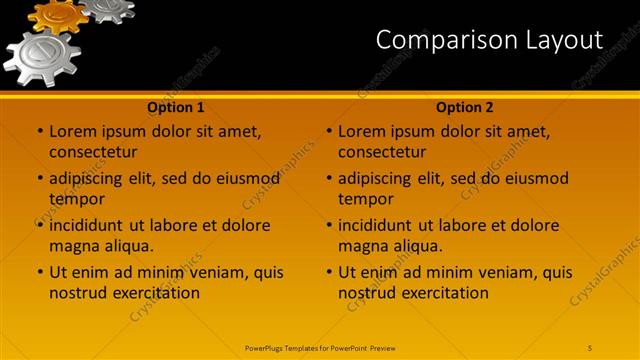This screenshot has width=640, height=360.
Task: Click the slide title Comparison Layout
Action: [x=489, y=40]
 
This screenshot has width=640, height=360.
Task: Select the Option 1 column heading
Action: [x=176, y=107]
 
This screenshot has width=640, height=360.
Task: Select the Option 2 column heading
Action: [x=465, y=107]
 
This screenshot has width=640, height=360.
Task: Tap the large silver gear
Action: [x=41, y=58]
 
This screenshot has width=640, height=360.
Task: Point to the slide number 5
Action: [x=590, y=347]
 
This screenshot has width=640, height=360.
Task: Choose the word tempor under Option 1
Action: [x=74, y=199]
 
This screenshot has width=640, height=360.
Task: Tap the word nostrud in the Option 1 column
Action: [x=78, y=293]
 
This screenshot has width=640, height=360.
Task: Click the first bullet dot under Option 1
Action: [x=40, y=131]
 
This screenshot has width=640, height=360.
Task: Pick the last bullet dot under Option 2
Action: [x=329, y=272]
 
